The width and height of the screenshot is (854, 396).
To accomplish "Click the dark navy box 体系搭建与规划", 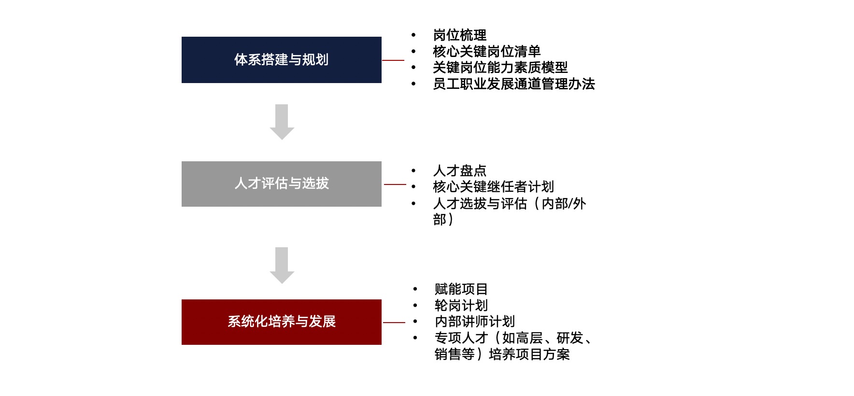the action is (282, 60).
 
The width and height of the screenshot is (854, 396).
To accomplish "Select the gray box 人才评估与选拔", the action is (282, 184).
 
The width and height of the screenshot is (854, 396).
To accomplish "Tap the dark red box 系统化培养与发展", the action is (282, 322).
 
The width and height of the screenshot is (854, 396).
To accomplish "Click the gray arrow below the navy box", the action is (282, 122).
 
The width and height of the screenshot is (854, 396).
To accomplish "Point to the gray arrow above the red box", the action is (282, 265).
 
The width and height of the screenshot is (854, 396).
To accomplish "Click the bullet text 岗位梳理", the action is (460, 35).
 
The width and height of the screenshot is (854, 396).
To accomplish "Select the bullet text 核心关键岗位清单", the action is (487, 51).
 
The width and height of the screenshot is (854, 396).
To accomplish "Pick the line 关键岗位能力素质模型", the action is (500, 68).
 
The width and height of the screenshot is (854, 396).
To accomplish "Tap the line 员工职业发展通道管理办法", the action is (514, 84).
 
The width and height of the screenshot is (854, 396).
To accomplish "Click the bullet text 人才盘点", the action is (460, 170).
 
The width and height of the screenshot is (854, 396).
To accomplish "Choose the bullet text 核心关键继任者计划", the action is (494, 186).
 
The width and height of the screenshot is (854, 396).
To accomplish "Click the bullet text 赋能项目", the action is (461, 289).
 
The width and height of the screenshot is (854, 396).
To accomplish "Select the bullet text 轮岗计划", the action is (461, 305).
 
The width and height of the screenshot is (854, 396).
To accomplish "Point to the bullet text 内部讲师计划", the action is (475, 321).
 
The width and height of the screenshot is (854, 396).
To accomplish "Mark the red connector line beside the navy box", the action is (393, 60).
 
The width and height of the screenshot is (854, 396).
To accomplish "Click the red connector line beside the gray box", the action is (395, 184).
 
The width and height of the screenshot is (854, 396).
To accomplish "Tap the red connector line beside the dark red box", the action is (394, 323).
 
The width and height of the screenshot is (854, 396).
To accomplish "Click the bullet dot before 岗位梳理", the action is (413, 35).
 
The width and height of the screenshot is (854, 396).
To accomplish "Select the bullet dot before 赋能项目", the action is (415, 289).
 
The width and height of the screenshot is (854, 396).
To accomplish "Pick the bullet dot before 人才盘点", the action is (413, 170).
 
